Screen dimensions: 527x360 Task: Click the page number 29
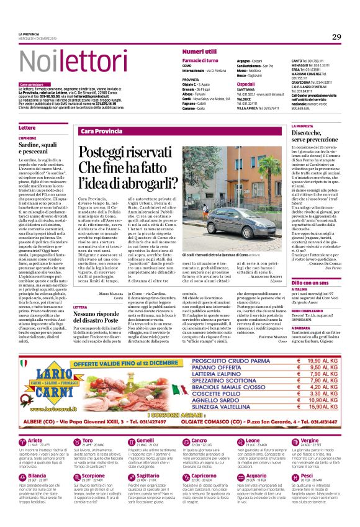point(336,37)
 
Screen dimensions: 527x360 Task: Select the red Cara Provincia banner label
point(100,132)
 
